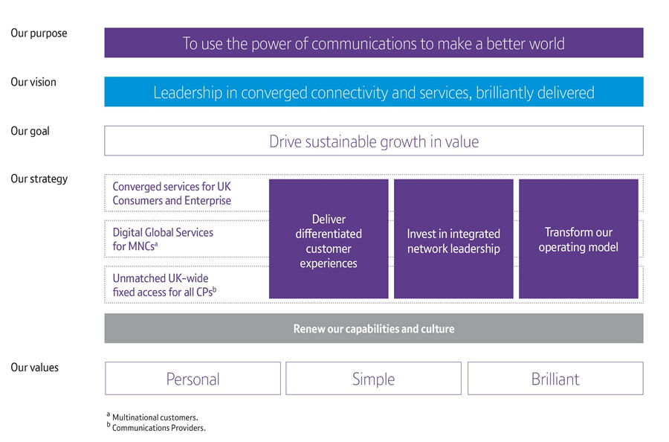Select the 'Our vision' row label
point(33,83)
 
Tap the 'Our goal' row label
point(30,131)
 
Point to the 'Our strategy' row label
point(39,179)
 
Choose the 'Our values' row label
point(34,368)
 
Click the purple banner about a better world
point(373,43)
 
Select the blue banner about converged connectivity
point(373,92)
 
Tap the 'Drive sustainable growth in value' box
point(373,141)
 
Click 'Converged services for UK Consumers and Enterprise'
point(172,193)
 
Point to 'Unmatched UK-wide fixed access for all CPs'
point(164,285)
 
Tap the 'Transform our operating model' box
point(578,239)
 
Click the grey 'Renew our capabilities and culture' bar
point(373,329)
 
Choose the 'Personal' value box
point(193,379)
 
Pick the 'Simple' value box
point(373,379)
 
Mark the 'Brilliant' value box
point(555,379)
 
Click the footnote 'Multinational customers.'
point(155,418)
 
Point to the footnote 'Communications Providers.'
point(158,428)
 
